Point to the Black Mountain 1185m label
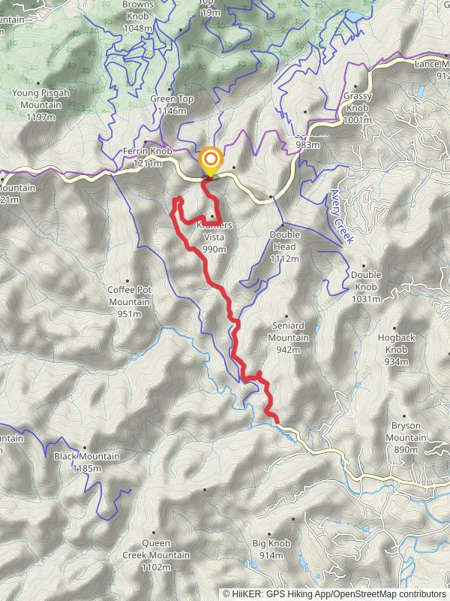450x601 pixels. click(x=87, y=461)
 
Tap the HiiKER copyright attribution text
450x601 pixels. click(x=337, y=593)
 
